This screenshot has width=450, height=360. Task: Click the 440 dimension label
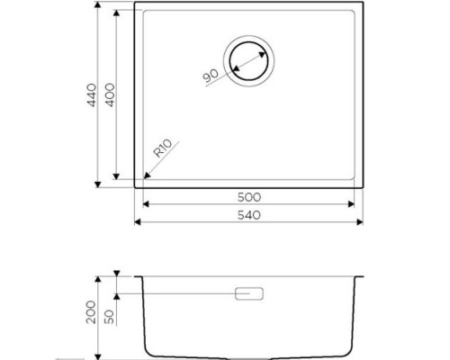(92, 94)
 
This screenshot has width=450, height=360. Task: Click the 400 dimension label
(110, 94)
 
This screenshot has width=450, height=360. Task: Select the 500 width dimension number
(249, 197)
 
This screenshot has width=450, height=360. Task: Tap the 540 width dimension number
(249, 215)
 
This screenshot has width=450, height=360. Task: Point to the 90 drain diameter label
(211, 76)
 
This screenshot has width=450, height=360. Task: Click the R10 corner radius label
(163, 148)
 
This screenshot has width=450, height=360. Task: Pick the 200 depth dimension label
(91, 312)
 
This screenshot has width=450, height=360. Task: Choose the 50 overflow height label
(110, 317)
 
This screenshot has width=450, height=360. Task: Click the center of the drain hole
(248, 61)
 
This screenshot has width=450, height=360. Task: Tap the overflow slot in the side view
(249, 293)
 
